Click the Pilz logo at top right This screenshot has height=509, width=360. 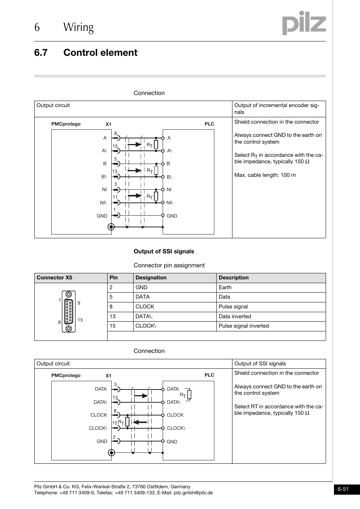coord(304,23)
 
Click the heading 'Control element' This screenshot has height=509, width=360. coord(100,53)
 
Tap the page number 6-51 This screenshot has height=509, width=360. coord(343,489)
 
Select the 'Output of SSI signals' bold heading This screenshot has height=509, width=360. coord(164,251)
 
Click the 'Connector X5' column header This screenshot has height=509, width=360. coord(54,278)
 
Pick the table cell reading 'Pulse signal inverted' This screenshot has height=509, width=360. coord(244,326)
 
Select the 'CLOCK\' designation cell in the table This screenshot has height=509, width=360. coord(146,326)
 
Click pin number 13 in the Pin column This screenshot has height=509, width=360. coord(112,317)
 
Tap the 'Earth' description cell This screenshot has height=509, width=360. coord(225,287)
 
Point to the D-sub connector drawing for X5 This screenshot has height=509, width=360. coord(69,311)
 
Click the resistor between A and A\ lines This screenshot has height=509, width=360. coord(156,145)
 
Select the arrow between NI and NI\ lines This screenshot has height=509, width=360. coord(135,196)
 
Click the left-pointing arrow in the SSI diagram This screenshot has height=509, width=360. coord(140,422)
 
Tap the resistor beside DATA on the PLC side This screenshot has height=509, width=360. coord(189,395)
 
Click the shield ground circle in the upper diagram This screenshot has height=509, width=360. coord(111,227)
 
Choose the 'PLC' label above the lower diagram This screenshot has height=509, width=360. coord(209,375)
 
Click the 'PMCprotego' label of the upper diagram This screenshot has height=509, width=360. coord(66,124)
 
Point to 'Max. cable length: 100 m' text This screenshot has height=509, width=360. coord(265,175)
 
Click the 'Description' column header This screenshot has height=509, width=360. coord(234,278)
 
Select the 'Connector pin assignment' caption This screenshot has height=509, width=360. coord(169,265)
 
